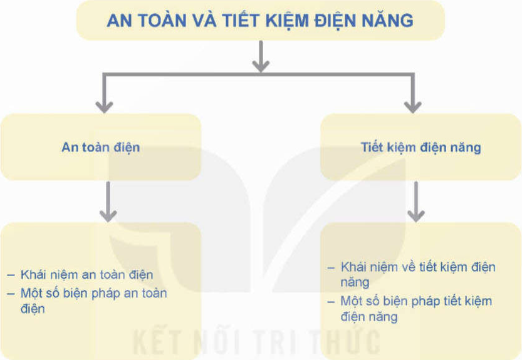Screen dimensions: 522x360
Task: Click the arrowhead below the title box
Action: pos(261,66)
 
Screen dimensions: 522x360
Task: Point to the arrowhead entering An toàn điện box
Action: pos(104,107)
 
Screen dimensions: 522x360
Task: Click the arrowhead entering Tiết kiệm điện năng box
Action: pos(413,107)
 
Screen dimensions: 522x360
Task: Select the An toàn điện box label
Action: pos(100,147)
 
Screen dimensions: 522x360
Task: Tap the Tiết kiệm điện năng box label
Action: pos(421,147)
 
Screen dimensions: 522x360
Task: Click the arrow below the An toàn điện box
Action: pos(108,202)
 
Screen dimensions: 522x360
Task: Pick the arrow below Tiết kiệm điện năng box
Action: pos(416,202)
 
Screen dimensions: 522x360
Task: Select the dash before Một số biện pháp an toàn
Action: pos(11,294)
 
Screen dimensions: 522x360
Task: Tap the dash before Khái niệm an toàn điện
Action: pos(11,275)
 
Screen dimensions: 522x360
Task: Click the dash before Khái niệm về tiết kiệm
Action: pos(331,267)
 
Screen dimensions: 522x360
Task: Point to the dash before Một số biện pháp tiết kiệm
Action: pos(331,302)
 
